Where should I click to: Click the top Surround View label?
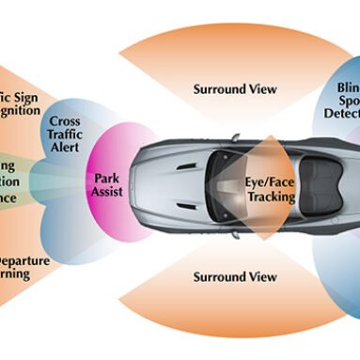click(235, 89)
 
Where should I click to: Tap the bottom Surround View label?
click(235, 277)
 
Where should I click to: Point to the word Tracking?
click(271, 197)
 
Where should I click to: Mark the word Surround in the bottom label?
click(219, 277)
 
